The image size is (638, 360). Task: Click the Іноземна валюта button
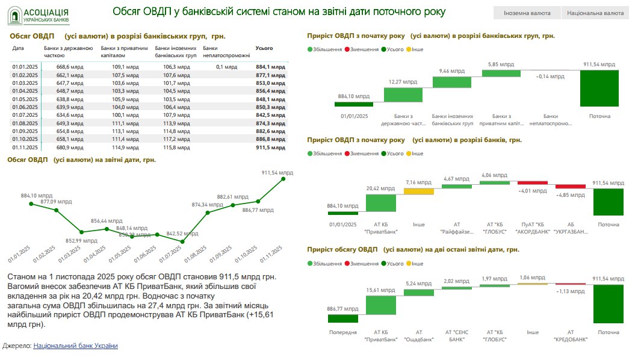pyautogui.click(x=527, y=13)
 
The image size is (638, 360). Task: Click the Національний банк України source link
pyautogui.click(x=76, y=346)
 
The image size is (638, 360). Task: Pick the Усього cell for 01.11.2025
pyautogui.click(x=270, y=146)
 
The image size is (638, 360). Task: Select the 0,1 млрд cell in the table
pyautogui.click(x=227, y=67)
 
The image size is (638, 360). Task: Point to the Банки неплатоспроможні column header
pyautogui.click(x=226, y=51)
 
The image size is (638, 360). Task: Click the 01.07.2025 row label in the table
pyautogui.click(x=25, y=114)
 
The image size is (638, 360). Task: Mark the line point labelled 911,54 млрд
pyautogui.click(x=283, y=179)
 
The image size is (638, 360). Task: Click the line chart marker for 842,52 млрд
pyautogui.click(x=182, y=241)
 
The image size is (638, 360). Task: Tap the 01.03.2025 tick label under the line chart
pyautogui.click(x=70, y=253)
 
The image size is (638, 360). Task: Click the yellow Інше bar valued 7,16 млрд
pyautogui.click(x=418, y=191)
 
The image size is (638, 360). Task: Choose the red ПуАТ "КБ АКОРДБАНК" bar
pyautogui.click(x=533, y=183)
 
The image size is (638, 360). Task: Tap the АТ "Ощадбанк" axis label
pyautogui.click(x=419, y=335)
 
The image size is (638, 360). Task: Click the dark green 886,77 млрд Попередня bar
pyautogui.click(x=342, y=318)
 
